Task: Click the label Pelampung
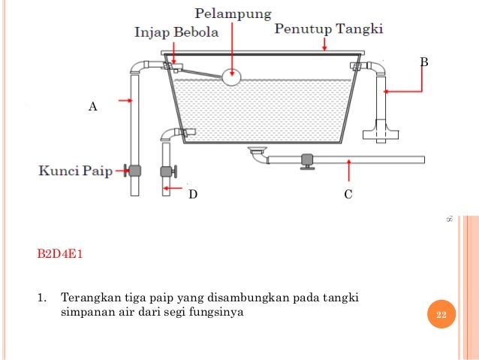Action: coord(233,14)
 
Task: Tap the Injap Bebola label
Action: coord(176,33)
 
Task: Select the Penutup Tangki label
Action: coord(329,29)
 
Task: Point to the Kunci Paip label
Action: coord(75,171)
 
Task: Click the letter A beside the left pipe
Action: coord(93,107)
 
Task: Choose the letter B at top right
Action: coord(423,62)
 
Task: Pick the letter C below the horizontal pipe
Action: coord(348,195)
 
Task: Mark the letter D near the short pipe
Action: coord(193,195)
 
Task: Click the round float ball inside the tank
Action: coord(232,75)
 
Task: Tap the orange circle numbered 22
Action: coord(441,315)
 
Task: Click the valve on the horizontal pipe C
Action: coord(306,161)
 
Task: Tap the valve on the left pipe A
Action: coord(135,171)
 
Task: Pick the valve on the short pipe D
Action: coord(167,171)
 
